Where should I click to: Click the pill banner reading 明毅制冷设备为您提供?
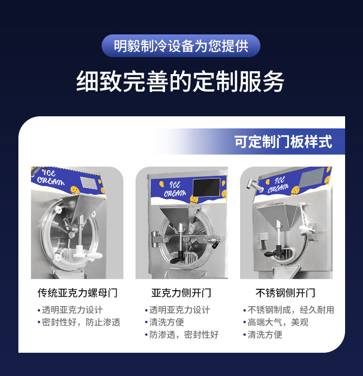[181, 46]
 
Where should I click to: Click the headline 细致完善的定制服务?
[181, 81]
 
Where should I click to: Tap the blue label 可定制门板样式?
[283, 142]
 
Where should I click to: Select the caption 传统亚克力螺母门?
[77, 293]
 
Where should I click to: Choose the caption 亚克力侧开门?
[181, 293]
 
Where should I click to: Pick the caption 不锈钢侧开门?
[285, 293]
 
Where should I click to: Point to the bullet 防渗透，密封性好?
[184, 335]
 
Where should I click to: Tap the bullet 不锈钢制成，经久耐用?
[291, 310]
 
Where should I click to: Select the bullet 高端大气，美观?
[278, 322]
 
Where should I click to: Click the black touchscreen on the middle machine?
[206, 187]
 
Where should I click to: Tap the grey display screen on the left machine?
[89, 183]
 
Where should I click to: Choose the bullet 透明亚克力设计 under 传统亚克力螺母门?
[72, 310]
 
